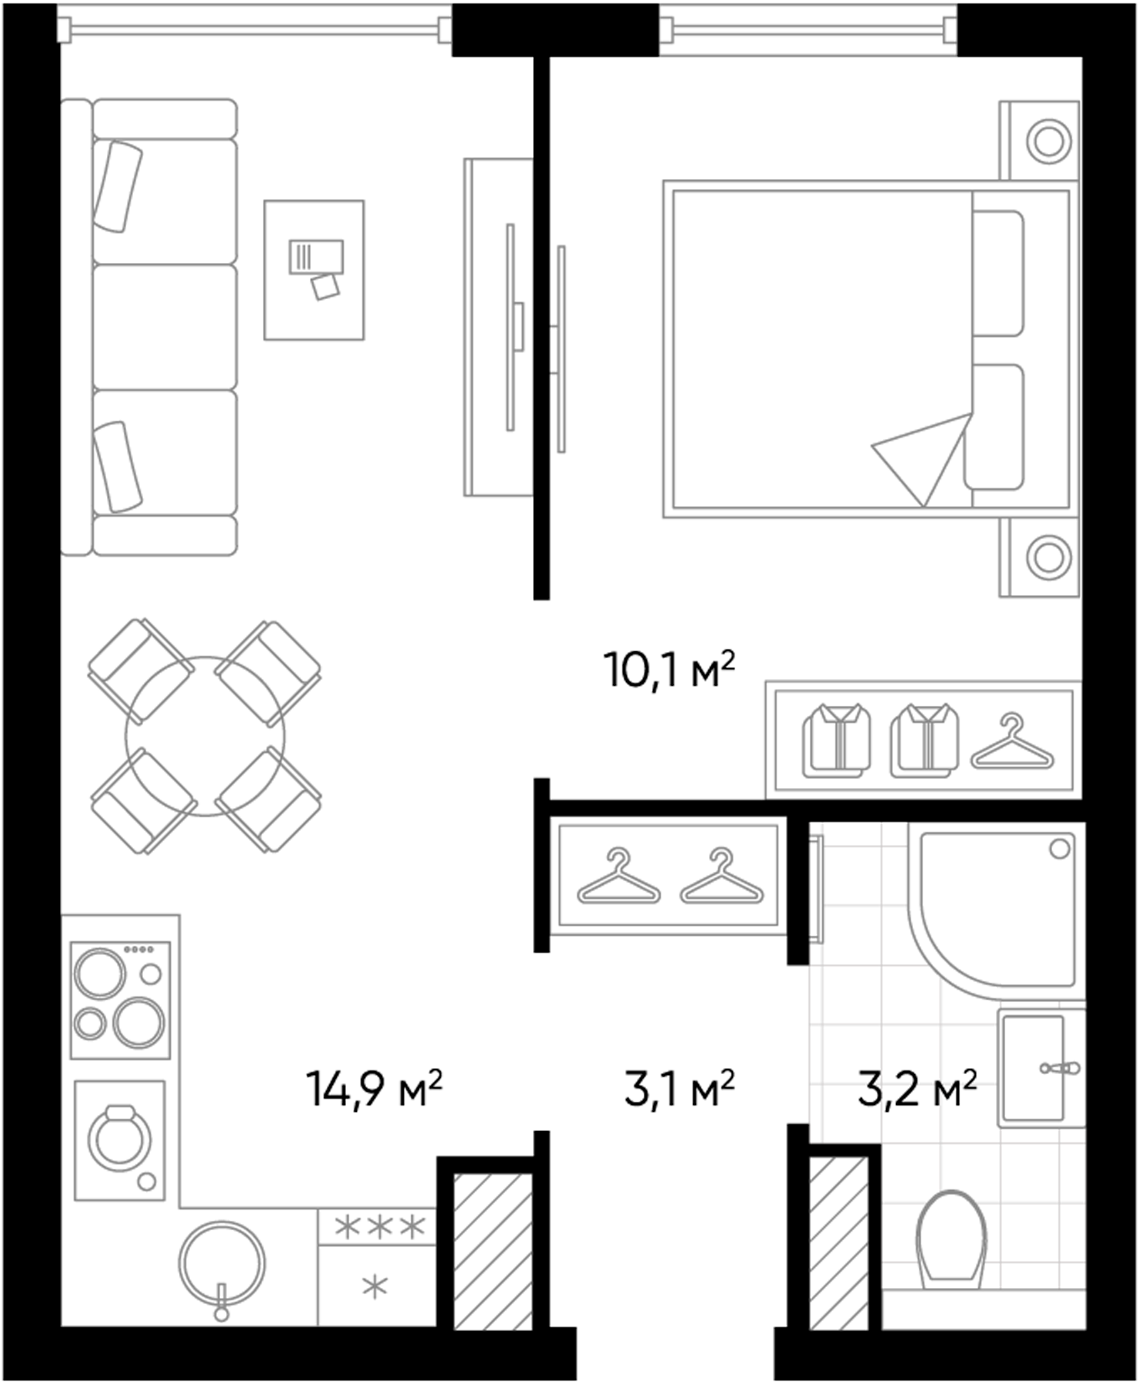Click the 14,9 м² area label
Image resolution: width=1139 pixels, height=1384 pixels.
pos(374,1089)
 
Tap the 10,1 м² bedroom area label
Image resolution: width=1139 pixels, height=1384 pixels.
pos(669,670)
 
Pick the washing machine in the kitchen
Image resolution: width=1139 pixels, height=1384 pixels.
pos(120,1140)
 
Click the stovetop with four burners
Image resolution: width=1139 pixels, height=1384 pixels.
pos(120,1000)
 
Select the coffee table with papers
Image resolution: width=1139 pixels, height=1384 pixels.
pos(314,270)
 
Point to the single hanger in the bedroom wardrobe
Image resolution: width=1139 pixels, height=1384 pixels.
pos(1012,744)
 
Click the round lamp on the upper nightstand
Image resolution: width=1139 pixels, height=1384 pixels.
pos(1048,141)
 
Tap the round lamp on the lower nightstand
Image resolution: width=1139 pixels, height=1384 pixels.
pos(1048,557)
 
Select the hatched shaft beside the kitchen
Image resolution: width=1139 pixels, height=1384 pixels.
pos(492,1251)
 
